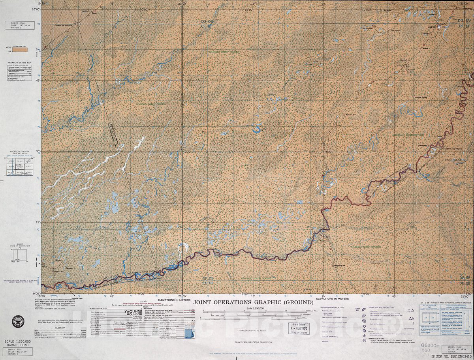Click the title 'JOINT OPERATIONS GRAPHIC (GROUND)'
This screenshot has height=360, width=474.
coord(253,302)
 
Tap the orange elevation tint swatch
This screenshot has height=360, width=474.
coord(20,50)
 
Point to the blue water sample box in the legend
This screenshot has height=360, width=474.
coord(190,333)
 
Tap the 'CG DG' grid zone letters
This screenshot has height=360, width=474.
coord(207,21)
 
